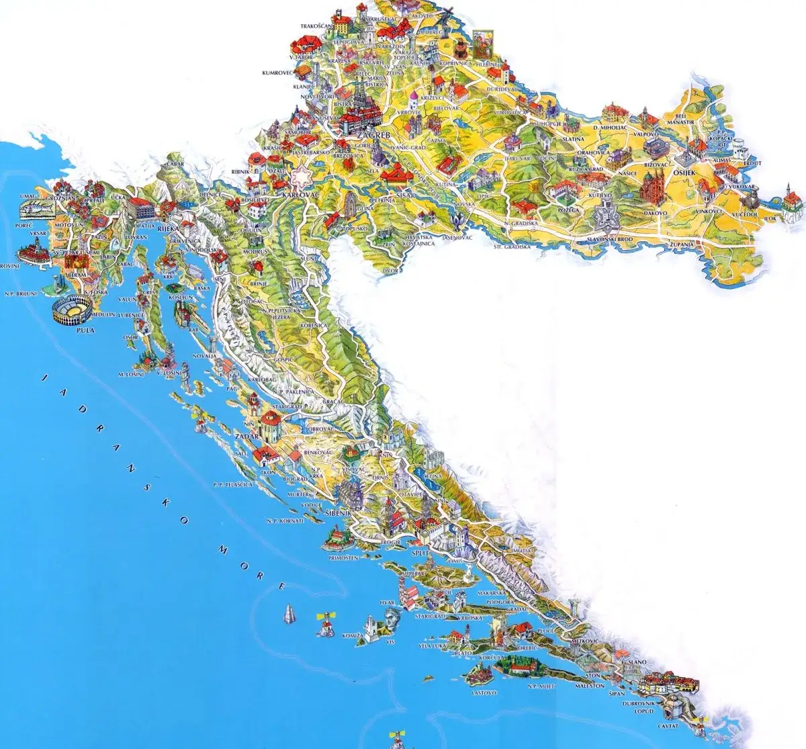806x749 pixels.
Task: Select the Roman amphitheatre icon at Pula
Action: [x=70, y=311]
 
